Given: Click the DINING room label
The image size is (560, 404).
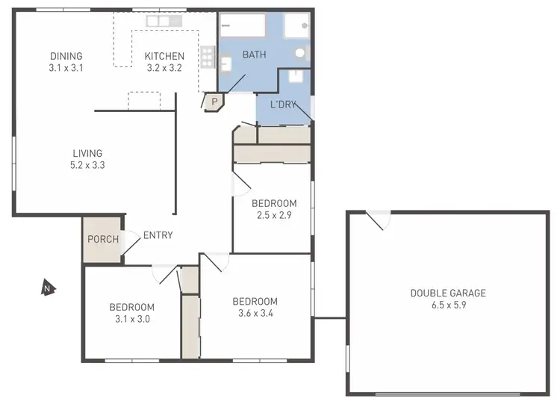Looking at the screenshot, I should (x=66, y=56).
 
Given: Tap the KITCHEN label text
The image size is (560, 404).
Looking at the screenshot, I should (x=164, y=56).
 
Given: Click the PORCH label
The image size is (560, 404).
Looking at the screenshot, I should (x=102, y=240).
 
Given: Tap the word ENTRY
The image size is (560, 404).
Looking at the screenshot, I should (x=158, y=235).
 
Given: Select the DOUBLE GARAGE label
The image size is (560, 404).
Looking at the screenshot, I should (x=448, y=293).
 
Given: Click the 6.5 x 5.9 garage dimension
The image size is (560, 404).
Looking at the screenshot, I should (x=448, y=305).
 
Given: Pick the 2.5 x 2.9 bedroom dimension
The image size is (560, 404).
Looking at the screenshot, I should (x=274, y=215).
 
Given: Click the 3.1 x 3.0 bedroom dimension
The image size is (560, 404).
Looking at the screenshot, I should (x=132, y=319).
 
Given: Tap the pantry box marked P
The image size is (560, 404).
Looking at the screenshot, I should (x=214, y=102).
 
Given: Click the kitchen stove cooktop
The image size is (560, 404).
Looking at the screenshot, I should (x=208, y=56).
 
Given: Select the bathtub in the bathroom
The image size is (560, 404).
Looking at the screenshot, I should (x=243, y=26).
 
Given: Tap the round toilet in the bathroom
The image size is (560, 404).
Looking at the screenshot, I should (x=300, y=53).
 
